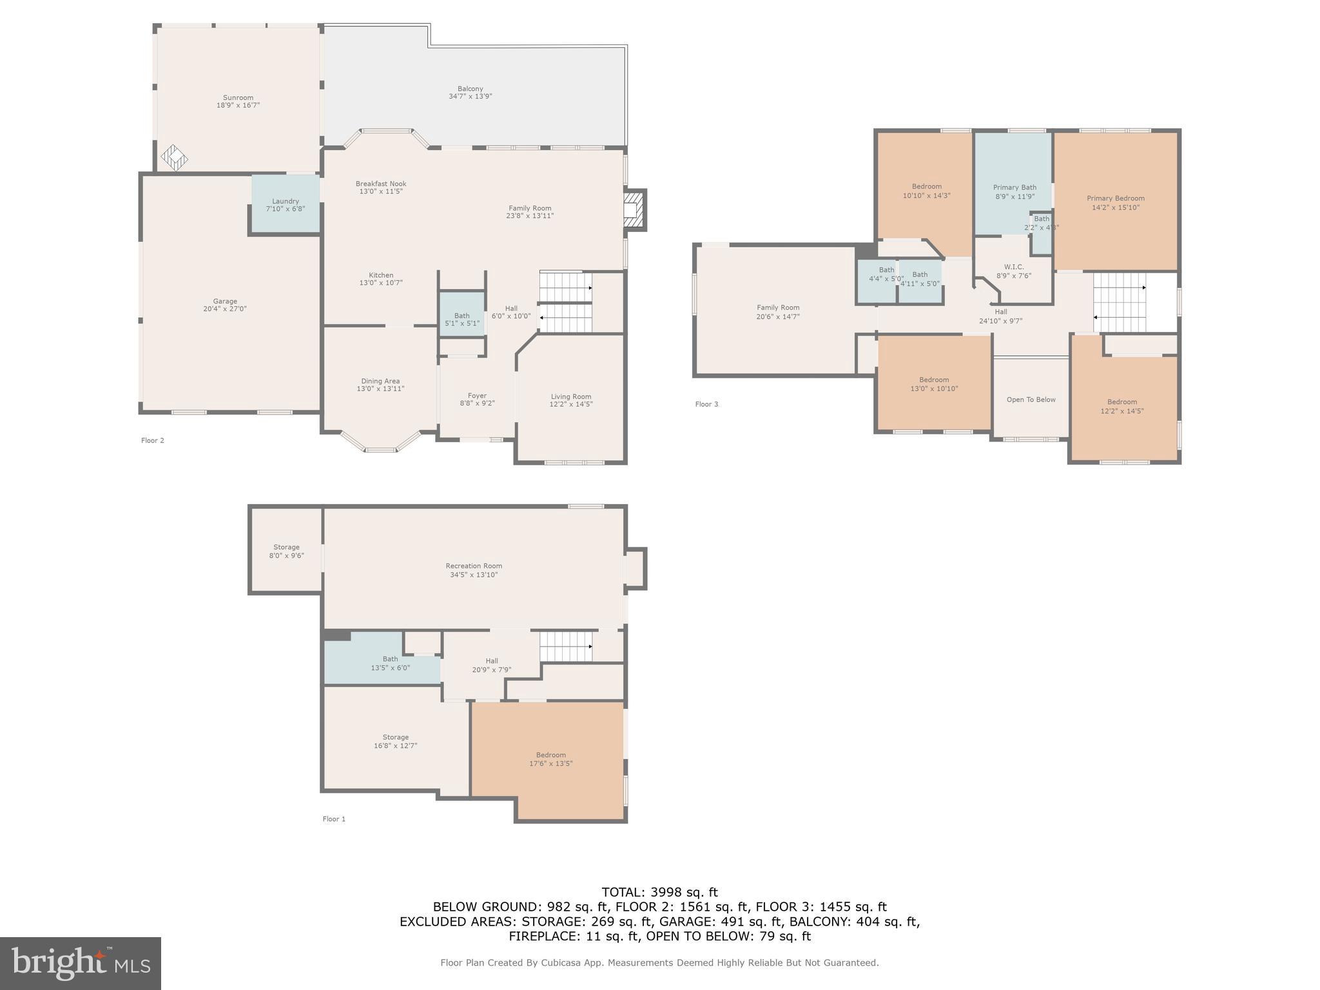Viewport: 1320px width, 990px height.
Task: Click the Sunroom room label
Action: pyautogui.click(x=238, y=98)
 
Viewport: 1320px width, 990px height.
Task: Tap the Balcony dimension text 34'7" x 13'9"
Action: pyautogui.click(x=470, y=97)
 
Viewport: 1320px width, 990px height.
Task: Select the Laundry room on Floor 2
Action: pyautogui.click(x=285, y=204)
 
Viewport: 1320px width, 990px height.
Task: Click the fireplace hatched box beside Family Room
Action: pyautogui.click(x=634, y=209)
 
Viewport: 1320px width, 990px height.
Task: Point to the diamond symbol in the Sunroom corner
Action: pyautogui.click(x=174, y=157)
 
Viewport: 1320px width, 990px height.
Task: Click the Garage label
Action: pyautogui.click(x=225, y=301)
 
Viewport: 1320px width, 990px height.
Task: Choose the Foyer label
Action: pyautogui.click(x=477, y=396)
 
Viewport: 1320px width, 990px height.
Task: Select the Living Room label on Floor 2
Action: pyautogui.click(x=570, y=396)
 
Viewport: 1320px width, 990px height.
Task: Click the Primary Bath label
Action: pyautogui.click(x=1014, y=188)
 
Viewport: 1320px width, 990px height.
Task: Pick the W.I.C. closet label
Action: pyautogui.click(x=1013, y=267)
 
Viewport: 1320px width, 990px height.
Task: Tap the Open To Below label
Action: pyautogui.click(x=1031, y=400)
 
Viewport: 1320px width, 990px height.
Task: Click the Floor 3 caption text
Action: pyautogui.click(x=706, y=404)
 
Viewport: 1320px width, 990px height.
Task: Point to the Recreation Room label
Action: pyautogui.click(x=473, y=566)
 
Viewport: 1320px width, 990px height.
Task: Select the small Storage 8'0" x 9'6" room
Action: pyautogui.click(x=286, y=551)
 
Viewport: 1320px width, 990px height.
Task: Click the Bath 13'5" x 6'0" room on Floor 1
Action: pyautogui.click(x=389, y=663)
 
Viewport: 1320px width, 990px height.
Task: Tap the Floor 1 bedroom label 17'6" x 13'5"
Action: pyautogui.click(x=550, y=759)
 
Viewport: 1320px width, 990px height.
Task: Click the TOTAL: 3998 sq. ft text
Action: pyautogui.click(x=659, y=892)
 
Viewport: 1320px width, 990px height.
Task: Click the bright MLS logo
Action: pyautogui.click(x=81, y=963)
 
